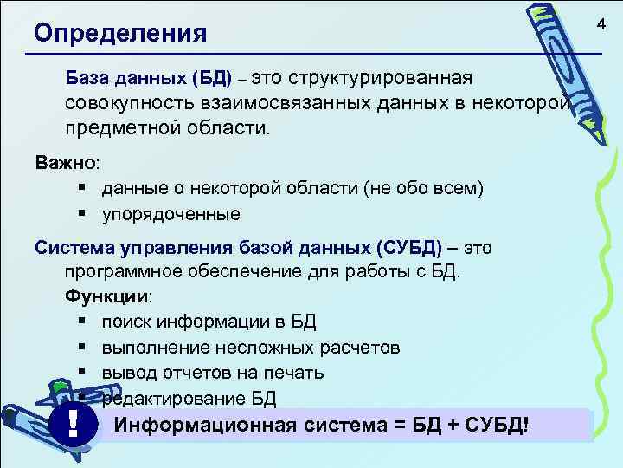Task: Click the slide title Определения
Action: [x=120, y=34]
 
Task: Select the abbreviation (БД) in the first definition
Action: [x=211, y=79]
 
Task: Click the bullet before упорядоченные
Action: [x=80, y=211]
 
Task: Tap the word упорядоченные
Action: [x=170, y=212]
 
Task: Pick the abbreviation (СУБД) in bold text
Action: [x=408, y=247]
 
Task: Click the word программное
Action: [x=126, y=272]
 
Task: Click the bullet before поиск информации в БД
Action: [x=80, y=322]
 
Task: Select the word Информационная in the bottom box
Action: [x=207, y=426]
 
